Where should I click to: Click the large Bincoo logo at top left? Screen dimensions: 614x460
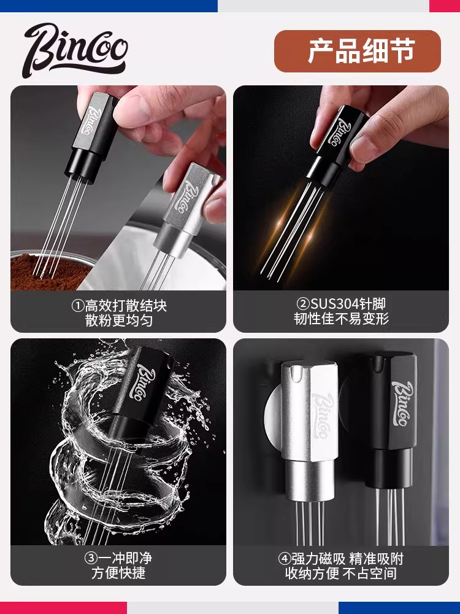pos(74,50)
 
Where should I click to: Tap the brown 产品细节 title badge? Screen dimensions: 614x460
pos(357,52)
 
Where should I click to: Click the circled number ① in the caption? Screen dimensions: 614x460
pos(78,305)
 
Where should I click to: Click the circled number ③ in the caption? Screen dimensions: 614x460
pos(91,558)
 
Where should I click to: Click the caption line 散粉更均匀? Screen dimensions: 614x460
pos(118,320)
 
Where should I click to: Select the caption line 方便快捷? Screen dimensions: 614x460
pos(118,573)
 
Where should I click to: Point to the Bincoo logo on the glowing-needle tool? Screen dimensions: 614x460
pos(339,130)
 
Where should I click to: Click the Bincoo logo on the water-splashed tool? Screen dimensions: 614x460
pos(147,375)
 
